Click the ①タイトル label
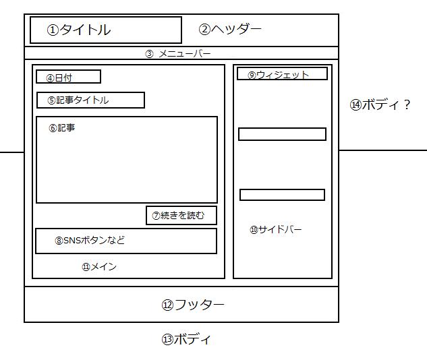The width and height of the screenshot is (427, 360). click(x=79, y=30)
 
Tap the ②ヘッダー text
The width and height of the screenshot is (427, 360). click(x=230, y=29)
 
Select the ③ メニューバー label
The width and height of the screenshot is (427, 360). click(x=178, y=54)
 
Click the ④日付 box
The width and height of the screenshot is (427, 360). click(x=68, y=77)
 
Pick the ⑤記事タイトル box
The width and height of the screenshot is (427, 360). click(x=90, y=100)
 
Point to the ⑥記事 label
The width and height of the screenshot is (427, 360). click(x=61, y=127)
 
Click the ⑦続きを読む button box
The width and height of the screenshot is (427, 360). click(x=181, y=216)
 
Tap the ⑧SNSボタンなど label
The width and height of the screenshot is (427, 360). click(x=90, y=240)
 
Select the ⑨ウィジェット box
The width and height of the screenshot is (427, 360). click(x=282, y=74)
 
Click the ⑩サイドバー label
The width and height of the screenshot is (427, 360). click(x=275, y=230)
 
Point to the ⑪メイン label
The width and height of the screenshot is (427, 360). click(x=99, y=267)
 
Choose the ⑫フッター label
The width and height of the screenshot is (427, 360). click(x=193, y=305)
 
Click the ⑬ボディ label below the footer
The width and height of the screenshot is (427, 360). click(x=186, y=340)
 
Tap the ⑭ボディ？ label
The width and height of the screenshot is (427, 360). click(x=380, y=105)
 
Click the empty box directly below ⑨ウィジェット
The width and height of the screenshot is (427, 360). click(x=282, y=134)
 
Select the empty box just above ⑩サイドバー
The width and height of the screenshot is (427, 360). click(x=282, y=195)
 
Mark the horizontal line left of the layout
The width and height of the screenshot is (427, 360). click(x=11, y=152)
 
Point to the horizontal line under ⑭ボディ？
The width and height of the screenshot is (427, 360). click(x=382, y=150)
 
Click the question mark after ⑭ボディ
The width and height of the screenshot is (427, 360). click(x=406, y=105)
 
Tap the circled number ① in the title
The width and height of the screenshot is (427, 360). click(x=53, y=30)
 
